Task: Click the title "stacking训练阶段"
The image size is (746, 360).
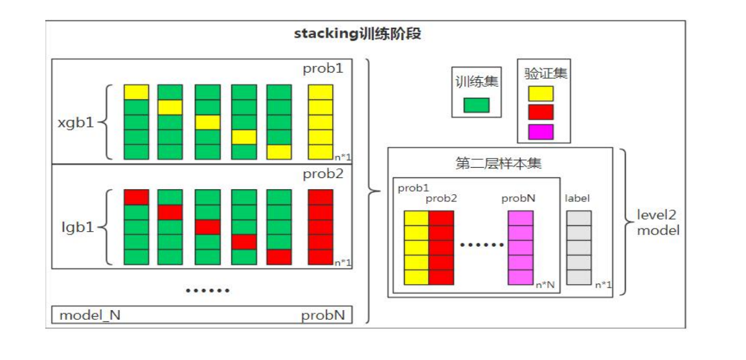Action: click(x=357, y=34)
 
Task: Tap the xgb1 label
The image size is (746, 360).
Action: click(x=77, y=122)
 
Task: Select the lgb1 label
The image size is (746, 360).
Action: click(x=77, y=227)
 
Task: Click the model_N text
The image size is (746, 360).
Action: click(x=90, y=315)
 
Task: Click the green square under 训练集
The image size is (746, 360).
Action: click(x=477, y=105)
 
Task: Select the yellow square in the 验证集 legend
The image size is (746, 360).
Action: click(x=541, y=93)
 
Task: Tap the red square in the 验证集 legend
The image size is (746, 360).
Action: click(x=541, y=112)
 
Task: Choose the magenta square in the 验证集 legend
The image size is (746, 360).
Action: click(x=541, y=131)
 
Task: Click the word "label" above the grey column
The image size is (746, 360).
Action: click(x=577, y=198)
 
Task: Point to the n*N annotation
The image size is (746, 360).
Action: click(x=544, y=284)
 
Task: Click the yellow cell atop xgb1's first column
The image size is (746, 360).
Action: click(x=137, y=92)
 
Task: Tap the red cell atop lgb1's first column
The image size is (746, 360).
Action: click(x=137, y=197)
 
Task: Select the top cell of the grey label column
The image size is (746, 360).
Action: click(x=579, y=218)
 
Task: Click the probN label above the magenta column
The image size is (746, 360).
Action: click(x=518, y=198)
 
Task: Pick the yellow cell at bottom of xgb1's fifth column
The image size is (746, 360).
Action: click(x=279, y=152)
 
